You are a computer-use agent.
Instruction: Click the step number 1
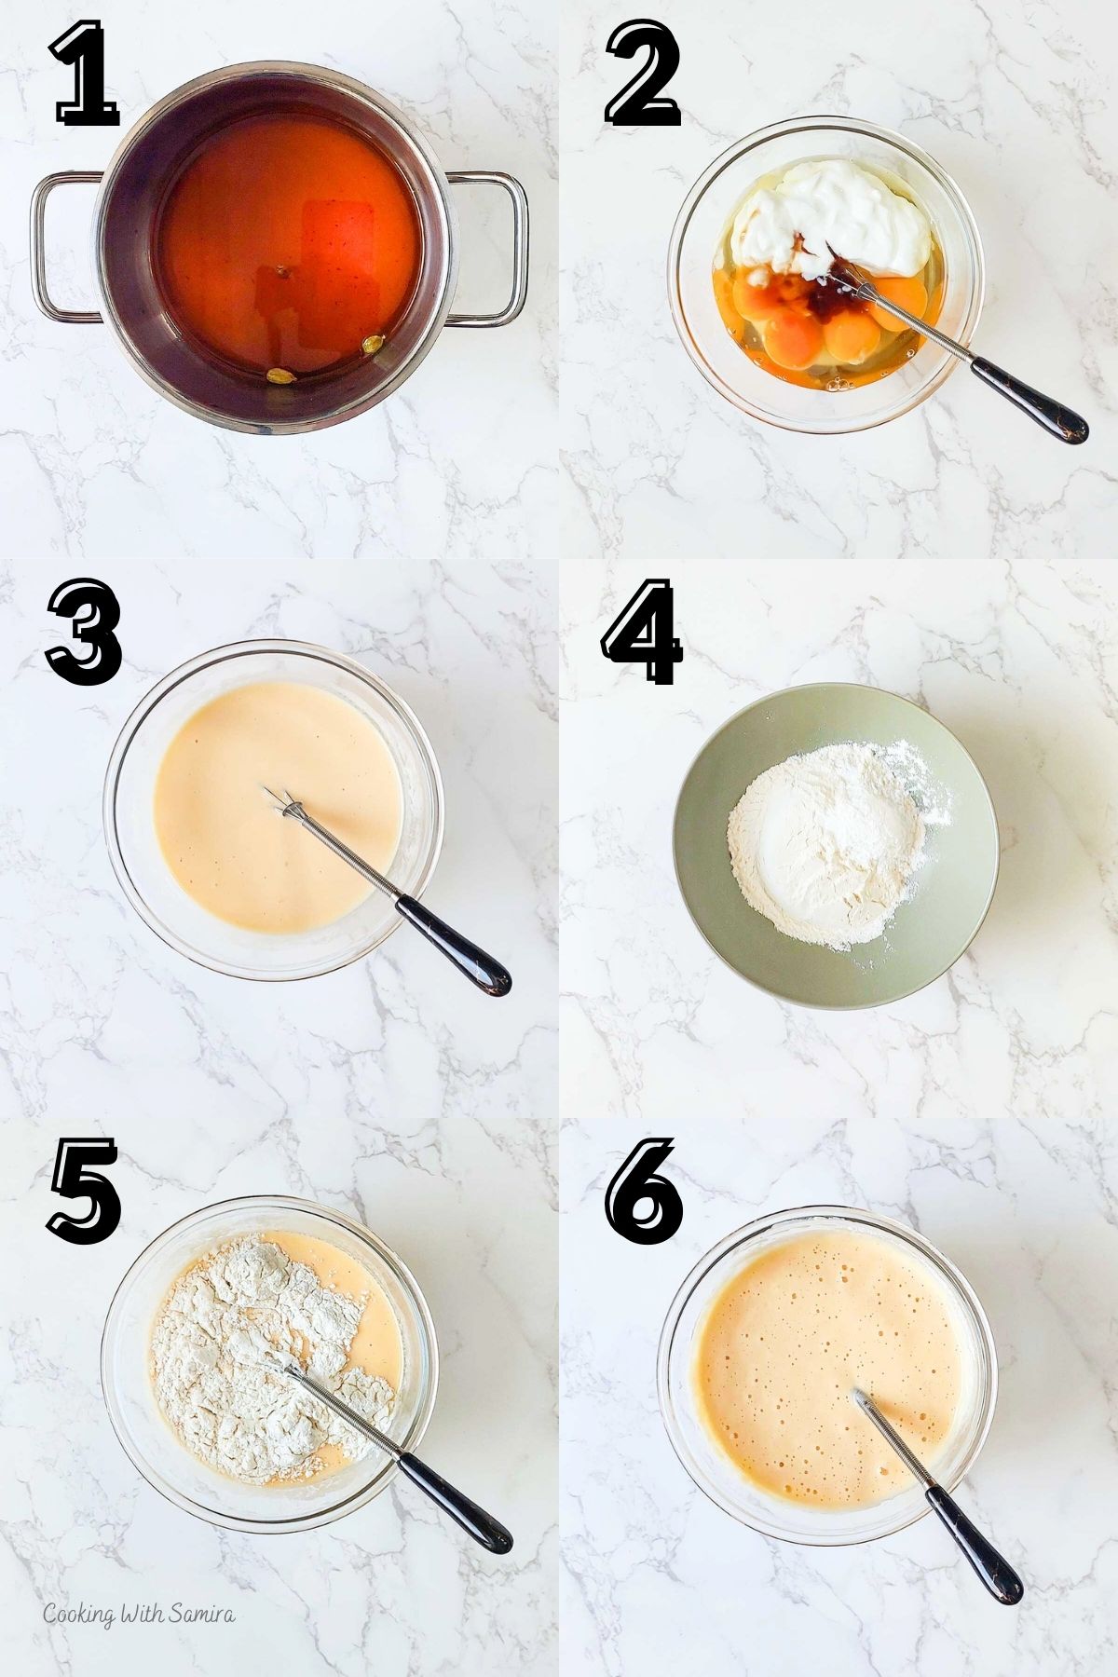[x=86, y=76]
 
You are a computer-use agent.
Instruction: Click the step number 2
[x=643, y=76]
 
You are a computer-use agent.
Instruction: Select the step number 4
[x=643, y=632]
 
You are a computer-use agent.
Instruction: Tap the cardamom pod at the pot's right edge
[x=373, y=345]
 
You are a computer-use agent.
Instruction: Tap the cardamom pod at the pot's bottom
[x=278, y=376]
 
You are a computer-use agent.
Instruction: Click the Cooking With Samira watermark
[x=140, y=1615]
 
